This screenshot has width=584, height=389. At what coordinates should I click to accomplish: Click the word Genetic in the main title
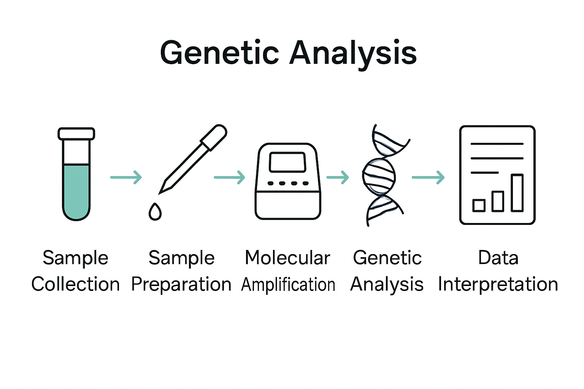coord(219,53)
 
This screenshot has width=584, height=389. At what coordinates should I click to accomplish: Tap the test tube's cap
coord(76,134)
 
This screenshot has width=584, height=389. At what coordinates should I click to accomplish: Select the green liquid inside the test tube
coord(76,190)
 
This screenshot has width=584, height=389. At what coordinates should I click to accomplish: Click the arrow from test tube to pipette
coord(126,177)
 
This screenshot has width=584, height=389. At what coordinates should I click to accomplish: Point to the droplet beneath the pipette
coord(155,212)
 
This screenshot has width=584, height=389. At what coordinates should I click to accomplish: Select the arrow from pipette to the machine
coord(230,177)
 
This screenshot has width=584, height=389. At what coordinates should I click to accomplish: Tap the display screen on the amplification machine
coord(287,162)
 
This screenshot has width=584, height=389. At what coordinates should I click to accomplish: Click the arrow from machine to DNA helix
coord(338,177)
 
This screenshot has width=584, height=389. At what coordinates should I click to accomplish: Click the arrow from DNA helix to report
coord(428,177)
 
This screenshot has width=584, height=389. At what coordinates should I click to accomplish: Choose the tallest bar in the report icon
coord(517,193)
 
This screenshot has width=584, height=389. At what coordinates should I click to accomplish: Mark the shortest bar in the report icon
coord(479,205)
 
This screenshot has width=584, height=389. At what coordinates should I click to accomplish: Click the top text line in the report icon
coord(497,144)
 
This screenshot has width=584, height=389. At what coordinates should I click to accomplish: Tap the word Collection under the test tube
coord(76,284)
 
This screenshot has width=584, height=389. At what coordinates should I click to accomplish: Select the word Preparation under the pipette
coord(181,284)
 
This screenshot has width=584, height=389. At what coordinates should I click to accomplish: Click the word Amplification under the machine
coord(288,285)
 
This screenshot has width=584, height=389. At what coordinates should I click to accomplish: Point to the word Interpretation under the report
coord(498,284)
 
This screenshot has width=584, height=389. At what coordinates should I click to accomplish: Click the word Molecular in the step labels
coord(287,258)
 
